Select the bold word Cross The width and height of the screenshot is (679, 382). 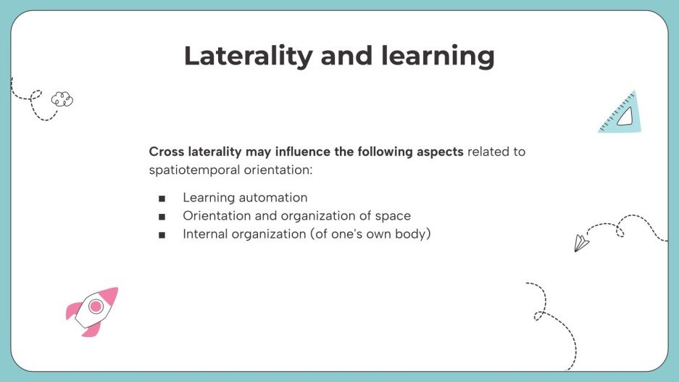(x=167, y=152)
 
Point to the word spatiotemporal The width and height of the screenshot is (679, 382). (x=193, y=170)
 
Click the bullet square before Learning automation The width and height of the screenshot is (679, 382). (x=161, y=198)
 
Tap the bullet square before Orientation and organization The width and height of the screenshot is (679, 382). (x=161, y=216)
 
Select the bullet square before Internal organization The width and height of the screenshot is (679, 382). (x=161, y=235)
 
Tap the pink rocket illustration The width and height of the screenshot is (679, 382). (x=93, y=311)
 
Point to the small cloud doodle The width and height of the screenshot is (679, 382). (x=62, y=99)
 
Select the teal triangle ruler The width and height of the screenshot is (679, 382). (x=621, y=115)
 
